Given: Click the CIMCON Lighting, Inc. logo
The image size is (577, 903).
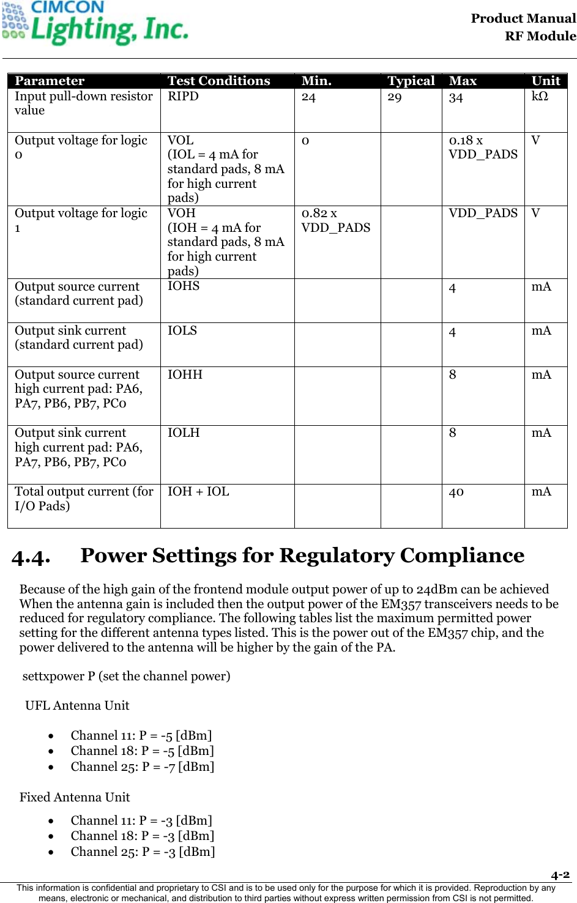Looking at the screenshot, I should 95,23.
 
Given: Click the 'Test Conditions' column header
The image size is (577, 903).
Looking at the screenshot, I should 218,81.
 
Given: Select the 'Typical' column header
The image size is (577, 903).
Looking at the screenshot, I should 411,81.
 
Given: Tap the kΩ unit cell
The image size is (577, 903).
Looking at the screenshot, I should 540,97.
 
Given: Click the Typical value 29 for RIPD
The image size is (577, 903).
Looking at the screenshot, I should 395,97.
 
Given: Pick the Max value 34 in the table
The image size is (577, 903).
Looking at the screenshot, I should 456,98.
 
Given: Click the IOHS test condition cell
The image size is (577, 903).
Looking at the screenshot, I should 184,286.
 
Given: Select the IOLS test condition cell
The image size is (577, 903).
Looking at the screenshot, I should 182,331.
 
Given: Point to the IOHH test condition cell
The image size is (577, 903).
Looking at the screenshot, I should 185,375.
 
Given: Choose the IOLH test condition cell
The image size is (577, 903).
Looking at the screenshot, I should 184,433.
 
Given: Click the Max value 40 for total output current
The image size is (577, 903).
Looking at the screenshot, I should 456,492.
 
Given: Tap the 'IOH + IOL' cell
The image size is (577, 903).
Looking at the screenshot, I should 198,492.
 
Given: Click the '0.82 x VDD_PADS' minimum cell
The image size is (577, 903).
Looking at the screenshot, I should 335,220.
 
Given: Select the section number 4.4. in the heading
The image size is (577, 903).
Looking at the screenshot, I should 31,557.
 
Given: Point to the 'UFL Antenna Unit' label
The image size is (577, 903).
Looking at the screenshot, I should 77,705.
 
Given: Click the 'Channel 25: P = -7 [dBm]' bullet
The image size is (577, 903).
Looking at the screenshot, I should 142,767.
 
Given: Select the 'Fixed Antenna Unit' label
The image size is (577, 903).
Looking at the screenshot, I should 75,797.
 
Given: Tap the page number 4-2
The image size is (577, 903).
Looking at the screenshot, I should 560,875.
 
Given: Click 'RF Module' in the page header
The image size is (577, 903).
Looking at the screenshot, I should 540,36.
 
